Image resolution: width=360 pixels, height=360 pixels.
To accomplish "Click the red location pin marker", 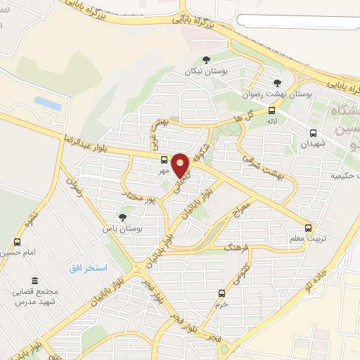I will point(180,165).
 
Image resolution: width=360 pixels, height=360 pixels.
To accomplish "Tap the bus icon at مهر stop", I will point(164,159).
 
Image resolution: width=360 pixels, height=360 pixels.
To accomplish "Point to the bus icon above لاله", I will point(272,110).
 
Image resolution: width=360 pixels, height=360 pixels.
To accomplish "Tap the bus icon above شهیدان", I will point(313,132).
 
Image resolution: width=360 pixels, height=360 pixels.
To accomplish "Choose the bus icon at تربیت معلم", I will point(308,227).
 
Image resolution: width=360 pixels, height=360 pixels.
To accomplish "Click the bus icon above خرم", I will point(222,292).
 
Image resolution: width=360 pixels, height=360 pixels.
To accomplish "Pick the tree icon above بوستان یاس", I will point(123,217).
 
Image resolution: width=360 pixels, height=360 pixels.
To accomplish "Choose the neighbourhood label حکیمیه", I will point(345,176).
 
